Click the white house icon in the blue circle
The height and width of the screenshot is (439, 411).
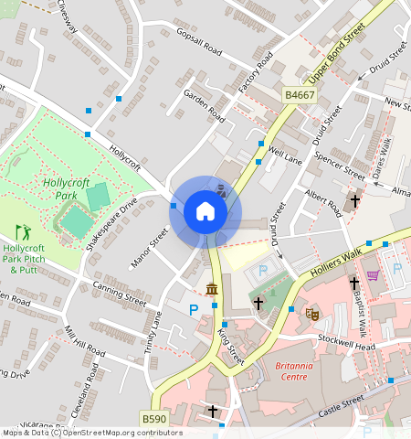(205, 212)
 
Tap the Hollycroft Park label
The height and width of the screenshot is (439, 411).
(66, 189)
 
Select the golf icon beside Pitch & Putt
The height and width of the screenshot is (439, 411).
(23, 232)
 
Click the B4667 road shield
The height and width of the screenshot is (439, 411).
(299, 95)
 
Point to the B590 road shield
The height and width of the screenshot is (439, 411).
(153, 419)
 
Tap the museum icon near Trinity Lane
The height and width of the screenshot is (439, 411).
(212, 291)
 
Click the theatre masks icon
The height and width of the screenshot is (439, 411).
(311, 312)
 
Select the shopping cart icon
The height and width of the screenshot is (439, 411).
(373, 274)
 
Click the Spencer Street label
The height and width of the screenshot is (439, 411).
(338, 165)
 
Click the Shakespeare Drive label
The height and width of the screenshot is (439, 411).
(111, 223)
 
